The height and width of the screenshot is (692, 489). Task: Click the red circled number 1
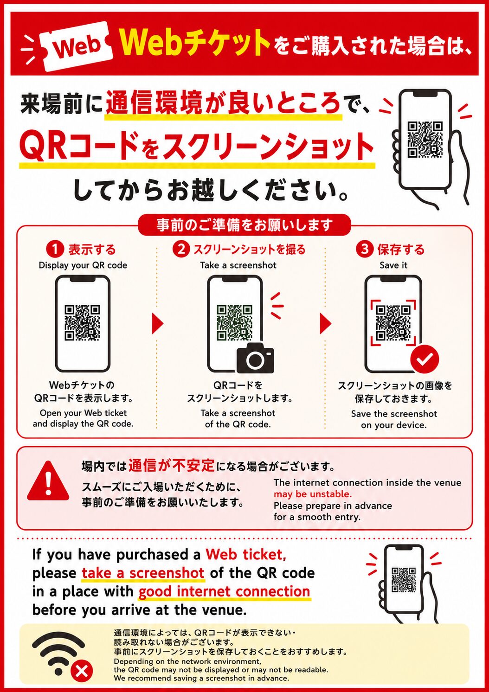[x=55, y=250]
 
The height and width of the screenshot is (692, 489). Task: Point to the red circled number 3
[x=365, y=250]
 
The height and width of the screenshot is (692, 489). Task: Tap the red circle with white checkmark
[x=425, y=359]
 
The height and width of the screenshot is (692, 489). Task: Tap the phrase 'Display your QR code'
[x=83, y=265]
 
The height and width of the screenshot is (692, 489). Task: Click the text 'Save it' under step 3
[x=393, y=265]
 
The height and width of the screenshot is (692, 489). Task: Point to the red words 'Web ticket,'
[x=246, y=555]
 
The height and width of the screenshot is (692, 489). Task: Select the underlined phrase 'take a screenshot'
[x=143, y=573]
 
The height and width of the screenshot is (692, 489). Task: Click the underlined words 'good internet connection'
[x=224, y=592]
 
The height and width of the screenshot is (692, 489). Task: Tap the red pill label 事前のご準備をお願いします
[x=244, y=225]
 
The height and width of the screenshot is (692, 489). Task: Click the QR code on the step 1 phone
[x=83, y=323]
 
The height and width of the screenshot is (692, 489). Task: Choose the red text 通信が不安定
[x=171, y=465]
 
